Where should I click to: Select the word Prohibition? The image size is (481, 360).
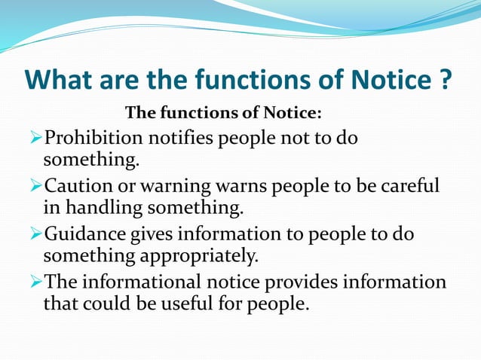pyautogui.click(x=95, y=139)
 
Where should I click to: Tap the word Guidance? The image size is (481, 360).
pyautogui.click(x=85, y=234)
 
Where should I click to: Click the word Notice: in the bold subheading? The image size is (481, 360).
pyautogui.click(x=294, y=114)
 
